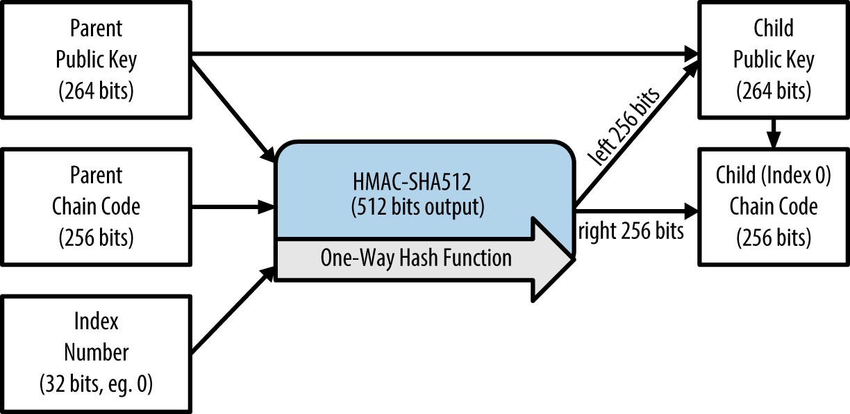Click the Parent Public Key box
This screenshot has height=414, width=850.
[97, 60]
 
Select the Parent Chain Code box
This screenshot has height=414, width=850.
[97, 206]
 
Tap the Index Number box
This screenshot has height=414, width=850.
[97, 353]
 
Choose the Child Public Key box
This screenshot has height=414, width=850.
[774, 60]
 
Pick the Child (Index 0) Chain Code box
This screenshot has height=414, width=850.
[774, 206]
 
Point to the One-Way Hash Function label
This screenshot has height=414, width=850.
[415, 258]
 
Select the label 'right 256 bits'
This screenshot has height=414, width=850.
[631, 231]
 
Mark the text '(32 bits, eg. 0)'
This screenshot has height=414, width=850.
[97, 383]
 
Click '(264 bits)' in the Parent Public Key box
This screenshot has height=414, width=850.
[97, 90]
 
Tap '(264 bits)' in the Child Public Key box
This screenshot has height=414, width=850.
[774, 90]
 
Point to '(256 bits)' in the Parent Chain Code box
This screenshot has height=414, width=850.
[97, 237]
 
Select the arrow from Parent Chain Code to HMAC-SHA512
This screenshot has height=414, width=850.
[233, 206]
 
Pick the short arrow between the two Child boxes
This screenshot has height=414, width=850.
[774, 132]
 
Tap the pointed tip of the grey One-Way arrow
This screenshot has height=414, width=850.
[571, 259]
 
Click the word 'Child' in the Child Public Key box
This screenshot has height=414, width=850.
[774, 29]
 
